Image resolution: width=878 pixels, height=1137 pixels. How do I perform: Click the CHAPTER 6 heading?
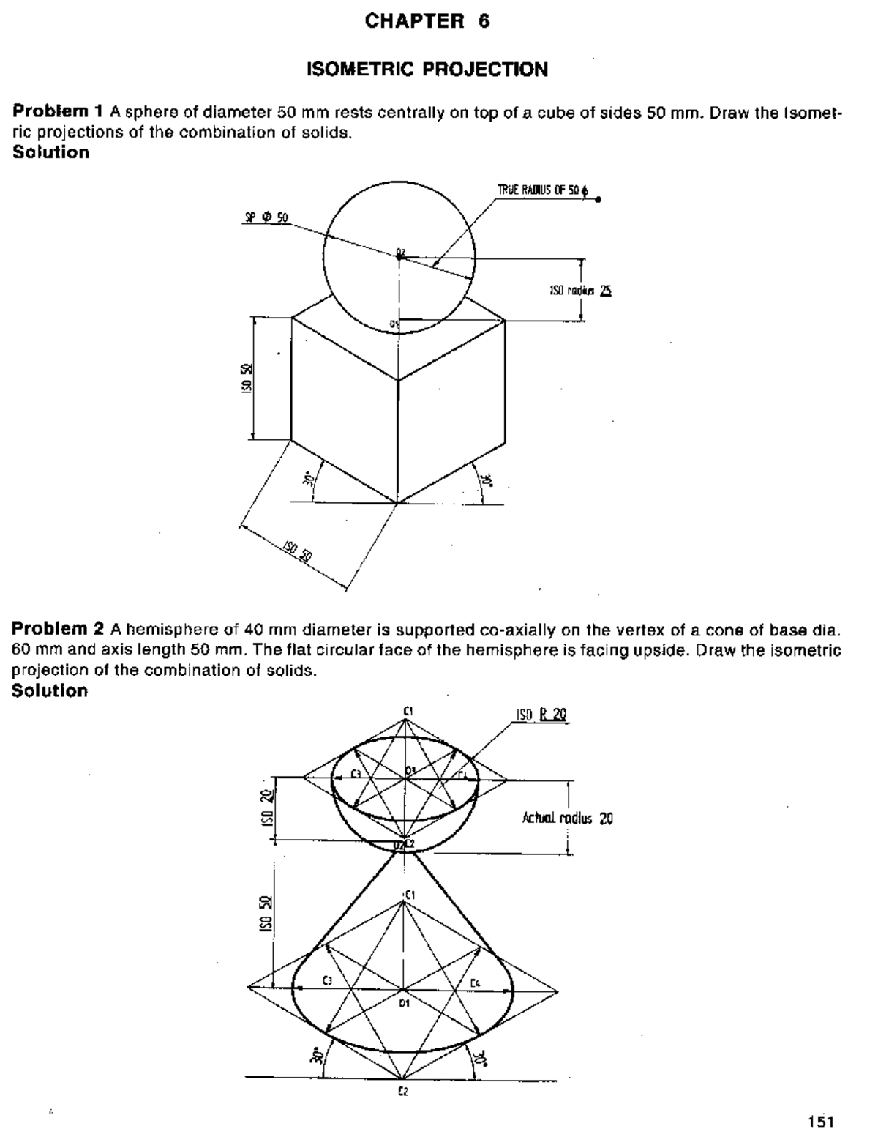(x=427, y=22)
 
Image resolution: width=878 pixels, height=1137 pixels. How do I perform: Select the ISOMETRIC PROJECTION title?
(x=427, y=70)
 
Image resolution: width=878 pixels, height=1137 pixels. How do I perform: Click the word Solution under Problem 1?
(x=51, y=152)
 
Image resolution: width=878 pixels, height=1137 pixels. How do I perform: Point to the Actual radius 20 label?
(x=567, y=819)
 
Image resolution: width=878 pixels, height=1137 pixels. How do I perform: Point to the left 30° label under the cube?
(x=309, y=480)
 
